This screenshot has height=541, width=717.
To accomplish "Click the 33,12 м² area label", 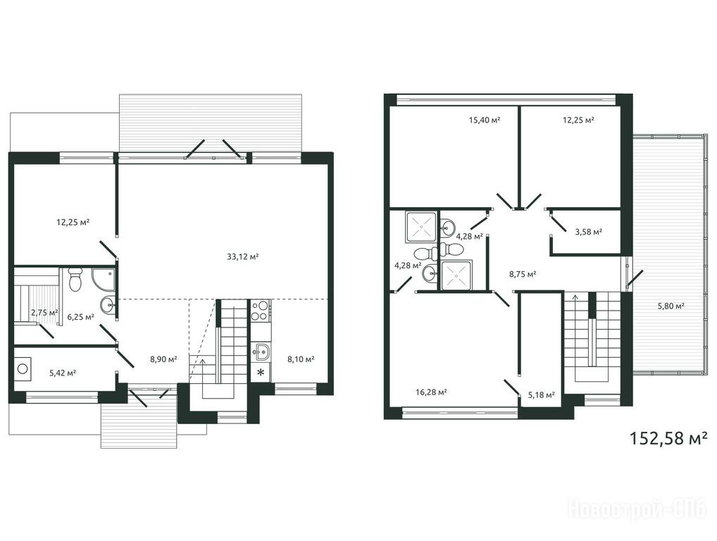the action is coord(243,256).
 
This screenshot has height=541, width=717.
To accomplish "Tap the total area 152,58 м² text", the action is coord(669,438).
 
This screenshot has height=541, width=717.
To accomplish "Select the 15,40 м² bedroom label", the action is coord(485,120).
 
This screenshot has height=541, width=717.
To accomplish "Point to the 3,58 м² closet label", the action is coord(589,232).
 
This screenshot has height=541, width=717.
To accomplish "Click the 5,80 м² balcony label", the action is coord(671,306).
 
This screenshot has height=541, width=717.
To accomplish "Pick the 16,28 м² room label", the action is coord(431,392).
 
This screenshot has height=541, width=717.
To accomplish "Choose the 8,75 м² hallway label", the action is coord(523,275).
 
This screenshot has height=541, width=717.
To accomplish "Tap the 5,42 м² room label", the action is coord(63,373).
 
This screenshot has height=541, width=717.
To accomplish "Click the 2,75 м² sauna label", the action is coord(44,313).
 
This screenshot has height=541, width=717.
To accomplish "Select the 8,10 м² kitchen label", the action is coord(301,359).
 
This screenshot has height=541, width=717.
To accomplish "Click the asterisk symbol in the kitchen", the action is coord(260,372).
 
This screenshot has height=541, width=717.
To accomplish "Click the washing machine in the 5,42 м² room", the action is coord(23,368).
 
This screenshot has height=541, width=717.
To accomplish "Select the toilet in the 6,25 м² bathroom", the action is coord(75,279).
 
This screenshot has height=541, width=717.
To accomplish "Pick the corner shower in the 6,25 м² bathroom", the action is coord(104,279).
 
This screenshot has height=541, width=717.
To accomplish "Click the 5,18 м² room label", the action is coord(542,395).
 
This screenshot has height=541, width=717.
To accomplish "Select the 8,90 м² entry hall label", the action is coord(163,359).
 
